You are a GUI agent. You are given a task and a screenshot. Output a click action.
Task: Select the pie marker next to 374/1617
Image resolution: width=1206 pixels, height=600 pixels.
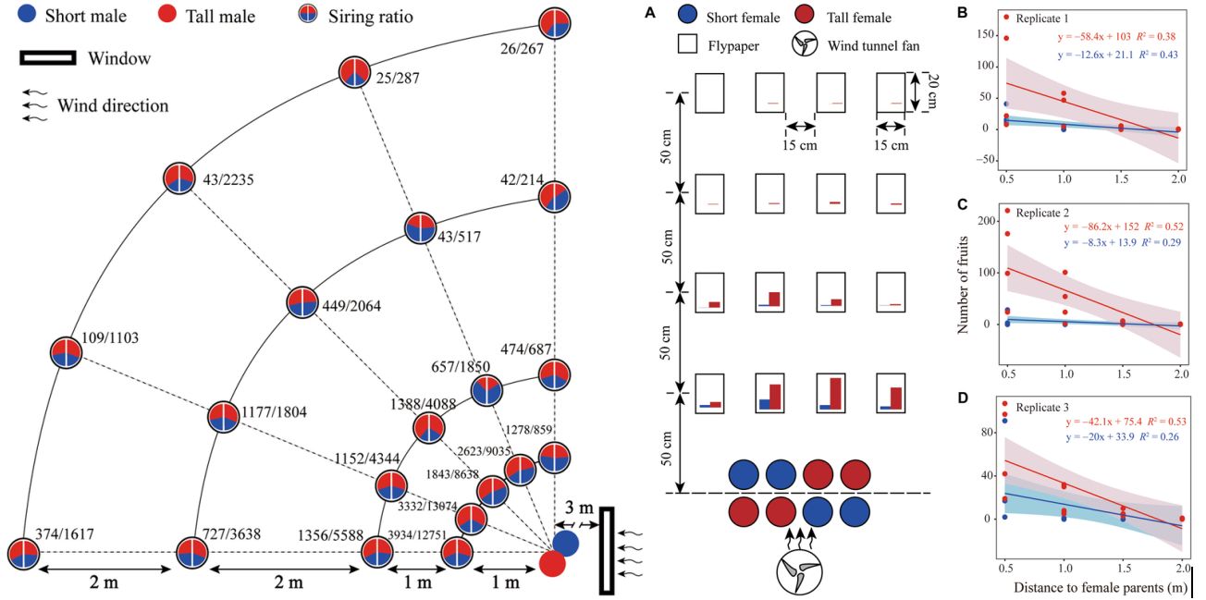click(23, 553)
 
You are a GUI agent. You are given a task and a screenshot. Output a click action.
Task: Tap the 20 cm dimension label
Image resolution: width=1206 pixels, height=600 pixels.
click(933, 93)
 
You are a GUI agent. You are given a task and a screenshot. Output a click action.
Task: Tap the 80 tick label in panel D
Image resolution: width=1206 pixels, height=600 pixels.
click(986, 432)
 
